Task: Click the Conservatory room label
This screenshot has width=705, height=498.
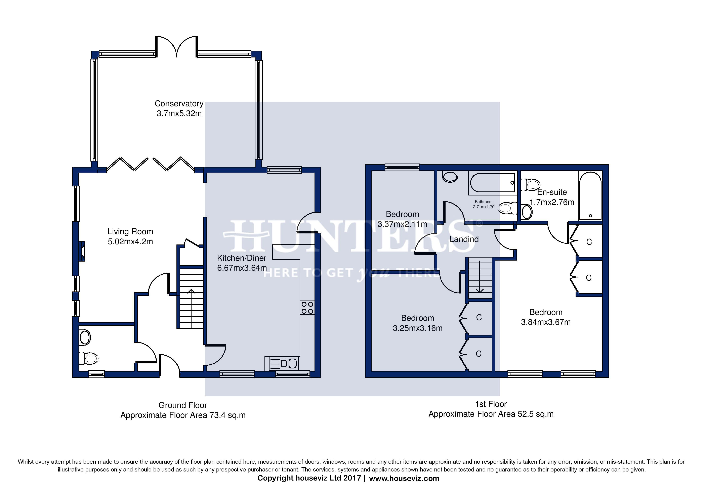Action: coord(179,104)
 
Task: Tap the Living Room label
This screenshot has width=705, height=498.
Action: coord(130,232)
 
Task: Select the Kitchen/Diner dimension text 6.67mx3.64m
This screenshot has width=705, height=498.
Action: coord(242,268)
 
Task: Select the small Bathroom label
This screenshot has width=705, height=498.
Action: coord(484,202)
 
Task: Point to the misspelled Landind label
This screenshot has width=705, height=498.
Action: coord(464,239)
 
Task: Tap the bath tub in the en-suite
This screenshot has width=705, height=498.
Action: coord(590,195)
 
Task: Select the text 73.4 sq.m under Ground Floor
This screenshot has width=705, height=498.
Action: coord(227,415)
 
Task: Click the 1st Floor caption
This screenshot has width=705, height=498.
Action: coord(491,404)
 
